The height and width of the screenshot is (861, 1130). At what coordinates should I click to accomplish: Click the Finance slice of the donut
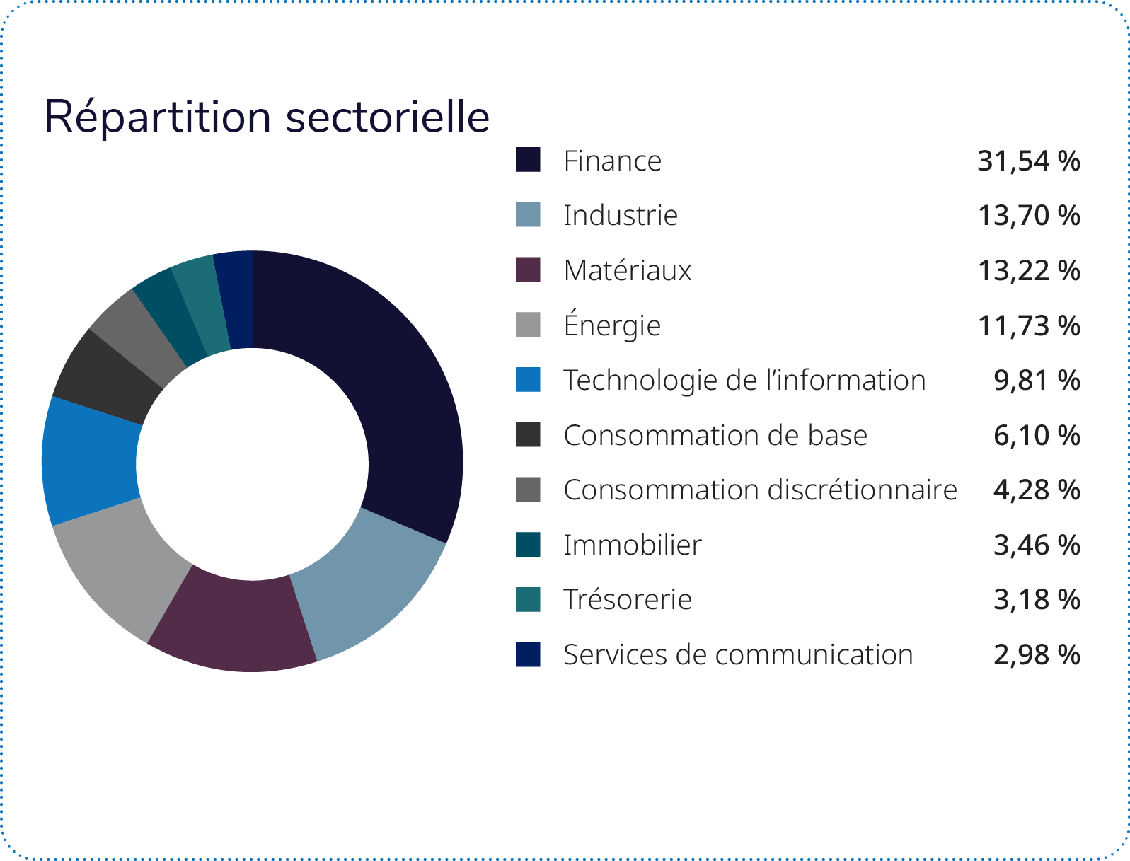point(396,396)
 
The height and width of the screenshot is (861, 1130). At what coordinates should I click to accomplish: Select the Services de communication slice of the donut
point(234,300)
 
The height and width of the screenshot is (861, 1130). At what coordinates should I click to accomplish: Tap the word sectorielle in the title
point(387,117)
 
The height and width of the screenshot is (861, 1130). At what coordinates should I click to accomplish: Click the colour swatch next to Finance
point(528,160)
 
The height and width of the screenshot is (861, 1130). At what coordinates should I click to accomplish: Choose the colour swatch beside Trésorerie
point(528,599)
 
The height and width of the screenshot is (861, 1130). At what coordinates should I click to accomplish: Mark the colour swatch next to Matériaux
point(528,270)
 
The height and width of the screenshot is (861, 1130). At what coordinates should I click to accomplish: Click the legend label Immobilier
point(632,545)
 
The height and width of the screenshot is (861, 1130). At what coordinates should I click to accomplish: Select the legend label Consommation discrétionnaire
point(760,490)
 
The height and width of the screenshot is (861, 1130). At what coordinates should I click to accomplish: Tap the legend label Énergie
point(612,325)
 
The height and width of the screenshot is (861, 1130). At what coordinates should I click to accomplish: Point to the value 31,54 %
point(1028,161)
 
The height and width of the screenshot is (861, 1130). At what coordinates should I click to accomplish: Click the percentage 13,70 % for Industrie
point(1028,215)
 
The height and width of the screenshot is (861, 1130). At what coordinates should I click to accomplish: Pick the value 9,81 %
point(1037,380)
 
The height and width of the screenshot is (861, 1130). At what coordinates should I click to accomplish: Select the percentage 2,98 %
point(1037,654)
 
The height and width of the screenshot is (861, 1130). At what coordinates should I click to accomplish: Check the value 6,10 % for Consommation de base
point(1037,435)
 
